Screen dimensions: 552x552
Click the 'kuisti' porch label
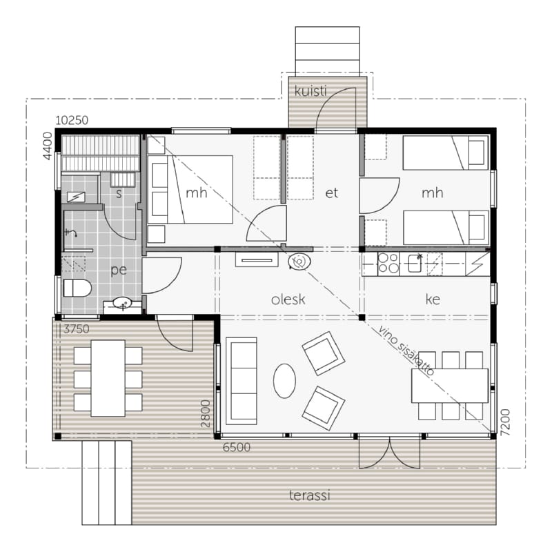[310, 91]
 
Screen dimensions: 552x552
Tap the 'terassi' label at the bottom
[310, 495]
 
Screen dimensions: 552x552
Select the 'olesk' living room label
[288, 299]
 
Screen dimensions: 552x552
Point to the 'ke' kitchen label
[433, 299]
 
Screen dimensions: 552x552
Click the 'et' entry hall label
[332, 193]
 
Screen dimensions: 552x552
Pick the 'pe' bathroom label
[119, 270]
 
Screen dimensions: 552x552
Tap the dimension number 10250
[72, 120]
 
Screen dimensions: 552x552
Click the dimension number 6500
[237, 447]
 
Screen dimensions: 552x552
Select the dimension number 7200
[505, 422]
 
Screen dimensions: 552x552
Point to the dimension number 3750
[77, 329]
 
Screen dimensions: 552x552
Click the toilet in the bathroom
[77, 288]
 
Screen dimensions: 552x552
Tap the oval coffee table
[284, 381]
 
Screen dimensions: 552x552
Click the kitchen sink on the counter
[415, 264]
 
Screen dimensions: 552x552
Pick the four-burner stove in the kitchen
[388, 264]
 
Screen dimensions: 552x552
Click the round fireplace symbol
[299, 262]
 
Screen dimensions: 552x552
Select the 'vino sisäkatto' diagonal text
[406, 351]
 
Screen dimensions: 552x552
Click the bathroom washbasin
[122, 304]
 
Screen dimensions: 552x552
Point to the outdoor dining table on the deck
[108, 378]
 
